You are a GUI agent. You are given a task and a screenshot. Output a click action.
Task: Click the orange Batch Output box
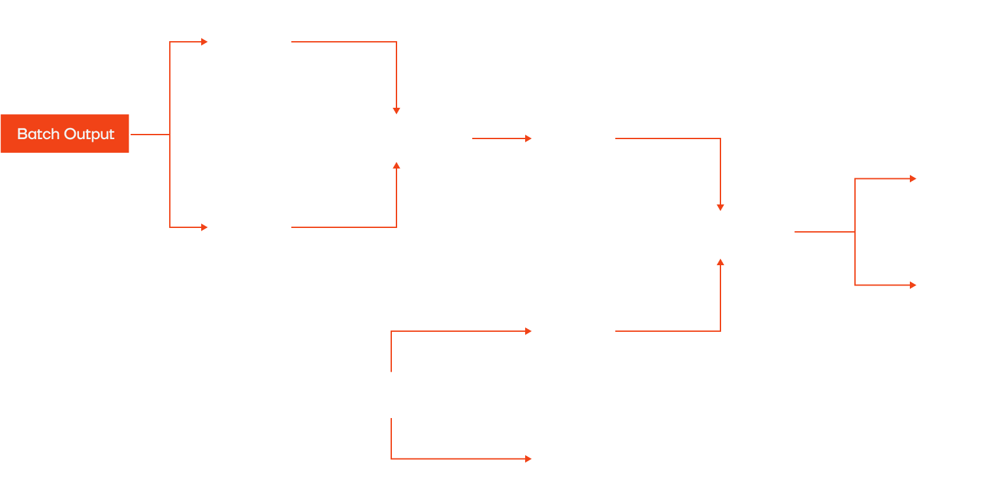point(65,135)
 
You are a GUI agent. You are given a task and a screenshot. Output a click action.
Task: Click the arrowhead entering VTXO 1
point(203,42)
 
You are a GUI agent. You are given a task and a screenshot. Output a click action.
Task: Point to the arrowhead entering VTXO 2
point(201,227)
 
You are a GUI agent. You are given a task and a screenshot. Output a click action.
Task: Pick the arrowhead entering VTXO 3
point(528,138)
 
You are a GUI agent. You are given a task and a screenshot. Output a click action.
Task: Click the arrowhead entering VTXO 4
point(528,331)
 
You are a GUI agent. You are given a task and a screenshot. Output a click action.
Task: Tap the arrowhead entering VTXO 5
point(528,459)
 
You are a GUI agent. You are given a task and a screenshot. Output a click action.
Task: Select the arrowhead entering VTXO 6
point(912,178)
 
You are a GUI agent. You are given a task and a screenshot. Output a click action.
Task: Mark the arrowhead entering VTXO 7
point(912,285)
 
